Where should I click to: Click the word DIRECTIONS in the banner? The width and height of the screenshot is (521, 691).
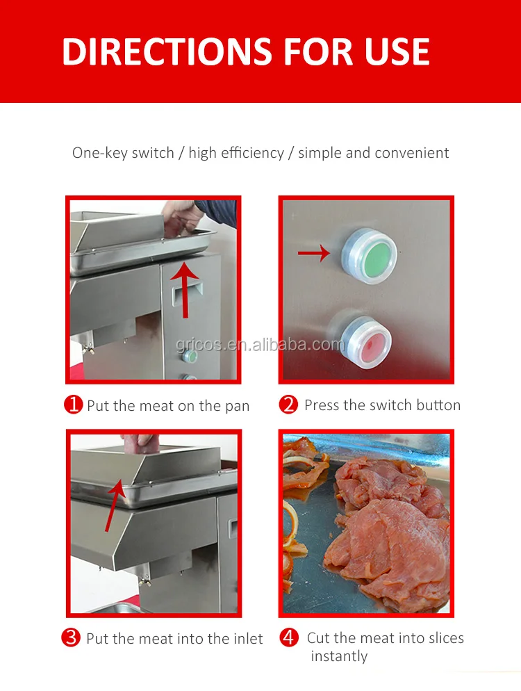[167, 52]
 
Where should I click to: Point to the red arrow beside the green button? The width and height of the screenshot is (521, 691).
[314, 253]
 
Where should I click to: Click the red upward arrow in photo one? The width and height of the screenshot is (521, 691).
[185, 288]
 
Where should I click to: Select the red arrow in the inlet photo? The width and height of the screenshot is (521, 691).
[115, 505]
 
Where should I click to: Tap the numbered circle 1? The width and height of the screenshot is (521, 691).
[73, 405]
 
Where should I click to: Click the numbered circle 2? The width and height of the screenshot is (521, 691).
[288, 405]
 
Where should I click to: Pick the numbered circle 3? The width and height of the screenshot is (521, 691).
[70, 637]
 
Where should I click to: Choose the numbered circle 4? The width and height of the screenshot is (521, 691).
[289, 637]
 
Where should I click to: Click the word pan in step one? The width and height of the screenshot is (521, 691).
[238, 407]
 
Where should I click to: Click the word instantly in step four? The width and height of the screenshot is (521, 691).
[339, 656]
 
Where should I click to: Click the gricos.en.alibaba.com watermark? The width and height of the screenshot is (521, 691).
[260, 344]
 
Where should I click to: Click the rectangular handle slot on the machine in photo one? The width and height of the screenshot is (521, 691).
[187, 294]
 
